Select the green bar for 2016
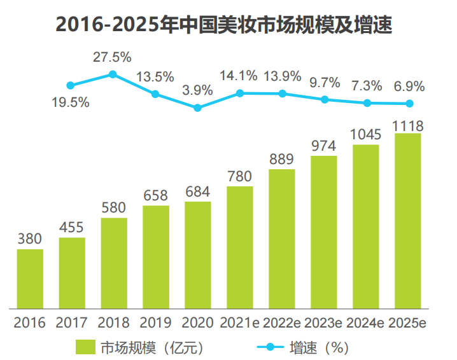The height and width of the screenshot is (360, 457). [30, 278]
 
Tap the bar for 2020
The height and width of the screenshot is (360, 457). [197, 254]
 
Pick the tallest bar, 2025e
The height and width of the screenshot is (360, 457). [408, 220]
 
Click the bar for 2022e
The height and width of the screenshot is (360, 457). [282, 238]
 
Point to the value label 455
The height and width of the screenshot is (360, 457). [72, 228]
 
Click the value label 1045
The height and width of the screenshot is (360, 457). [366, 134]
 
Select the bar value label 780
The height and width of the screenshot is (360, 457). [240, 176]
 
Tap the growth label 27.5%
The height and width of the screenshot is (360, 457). [112, 57]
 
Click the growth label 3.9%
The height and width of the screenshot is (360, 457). [197, 90]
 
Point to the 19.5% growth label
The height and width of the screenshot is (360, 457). [70, 102]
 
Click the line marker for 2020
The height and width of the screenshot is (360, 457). [197, 108]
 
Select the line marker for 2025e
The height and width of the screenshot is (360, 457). [409, 104]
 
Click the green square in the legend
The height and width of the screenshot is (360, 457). [85, 347]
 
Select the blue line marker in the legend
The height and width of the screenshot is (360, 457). [270, 347]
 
